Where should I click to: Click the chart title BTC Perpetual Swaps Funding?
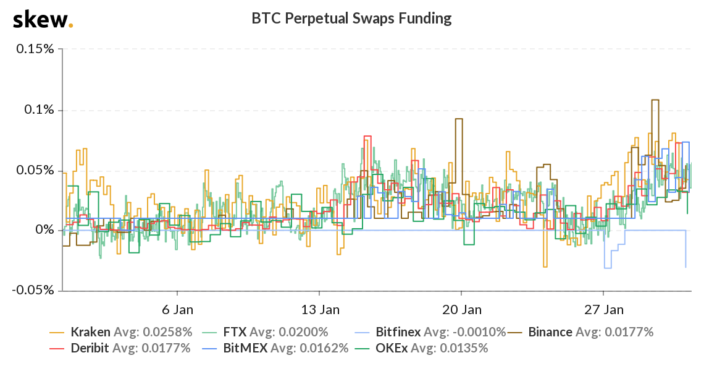(351, 19)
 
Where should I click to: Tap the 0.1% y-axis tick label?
(38, 109)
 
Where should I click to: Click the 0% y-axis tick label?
(45, 230)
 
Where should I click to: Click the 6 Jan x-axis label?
(178, 309)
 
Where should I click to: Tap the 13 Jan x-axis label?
(319, 309)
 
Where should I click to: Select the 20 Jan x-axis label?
(461, 309)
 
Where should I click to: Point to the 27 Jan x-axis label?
(603, 309)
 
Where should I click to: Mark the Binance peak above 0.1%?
(655, 100)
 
